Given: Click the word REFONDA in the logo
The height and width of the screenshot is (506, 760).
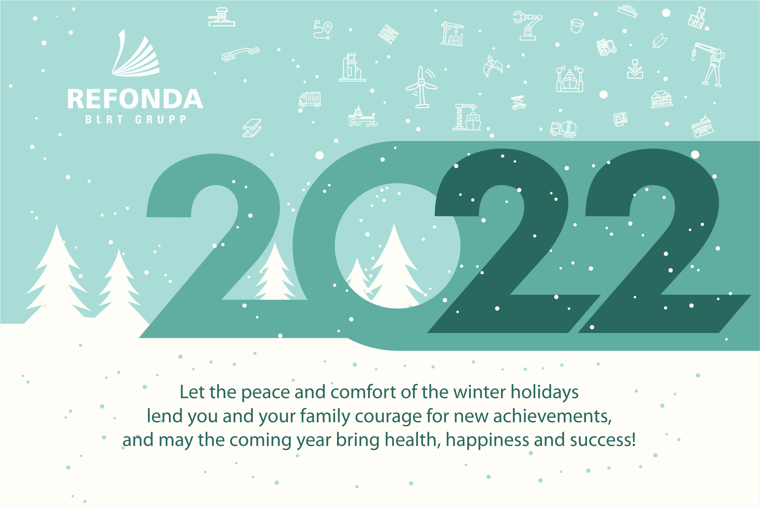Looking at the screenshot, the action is pyautogui.click(x=135, y=99).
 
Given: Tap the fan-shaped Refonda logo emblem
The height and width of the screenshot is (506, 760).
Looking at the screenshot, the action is pyautogui.click(x=136, y=53).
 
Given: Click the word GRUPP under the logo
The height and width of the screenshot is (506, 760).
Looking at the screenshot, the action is pyautogui.click(x=161, y=120).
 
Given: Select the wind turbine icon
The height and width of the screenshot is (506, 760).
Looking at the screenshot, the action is pyautogui.click(x=422, y=87).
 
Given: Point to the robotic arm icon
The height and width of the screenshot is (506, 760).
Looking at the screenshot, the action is pyautogui.click(x=528, y=26).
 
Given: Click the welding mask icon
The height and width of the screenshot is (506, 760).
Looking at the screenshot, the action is pyautogui.click(x=577, y=26).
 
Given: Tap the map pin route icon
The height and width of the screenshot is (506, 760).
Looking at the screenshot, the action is pyautogui.click(x=323, y=30).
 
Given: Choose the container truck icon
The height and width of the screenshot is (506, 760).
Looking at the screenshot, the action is pyautogui.click(x=310, y=100).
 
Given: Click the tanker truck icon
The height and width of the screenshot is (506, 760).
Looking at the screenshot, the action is pyautogui.click(x=563, y=129).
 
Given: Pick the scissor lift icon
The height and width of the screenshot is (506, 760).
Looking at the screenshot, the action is pyautogui.click(x=518, y=103).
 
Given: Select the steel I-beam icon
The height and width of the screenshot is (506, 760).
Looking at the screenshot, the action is pyautogui.click(x=252, y=128).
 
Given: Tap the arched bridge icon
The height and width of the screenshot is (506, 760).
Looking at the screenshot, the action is pyautogui.click(x=627, y=11).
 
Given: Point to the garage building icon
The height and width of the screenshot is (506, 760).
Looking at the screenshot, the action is pyautogui.click(x=702, y=126).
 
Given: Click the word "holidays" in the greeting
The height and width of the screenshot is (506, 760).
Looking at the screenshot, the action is pyautogui.click(x=544, y=393).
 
